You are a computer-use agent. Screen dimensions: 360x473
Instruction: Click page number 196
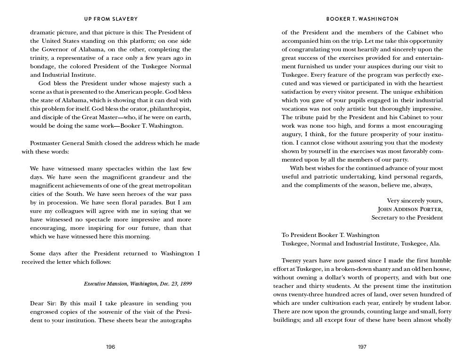click(110, 347)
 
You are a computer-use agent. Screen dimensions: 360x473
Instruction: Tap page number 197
click(362, 347)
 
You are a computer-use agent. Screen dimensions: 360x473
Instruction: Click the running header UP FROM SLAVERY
click(111, 19)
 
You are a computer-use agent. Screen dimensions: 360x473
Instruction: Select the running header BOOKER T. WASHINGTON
click(362, 19)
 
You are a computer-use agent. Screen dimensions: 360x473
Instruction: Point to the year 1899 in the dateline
click(185, 284)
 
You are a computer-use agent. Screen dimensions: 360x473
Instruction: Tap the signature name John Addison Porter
click(410, 209)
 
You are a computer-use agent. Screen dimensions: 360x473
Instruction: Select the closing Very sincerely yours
click(415, 201)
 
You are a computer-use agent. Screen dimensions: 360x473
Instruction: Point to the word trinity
click(40, 58)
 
